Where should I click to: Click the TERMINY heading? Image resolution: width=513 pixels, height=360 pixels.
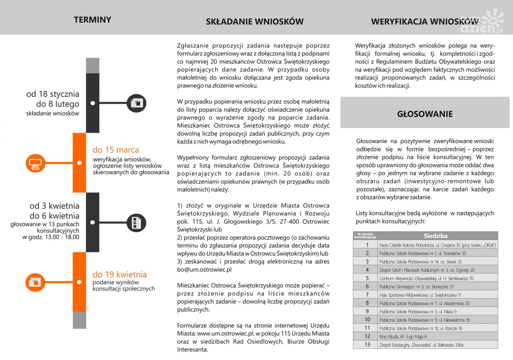[x=92, y=20]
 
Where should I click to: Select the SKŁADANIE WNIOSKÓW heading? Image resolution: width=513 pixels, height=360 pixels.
[x=254, y=22]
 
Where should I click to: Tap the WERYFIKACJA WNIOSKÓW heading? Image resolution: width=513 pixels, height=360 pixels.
[x=419, y=22]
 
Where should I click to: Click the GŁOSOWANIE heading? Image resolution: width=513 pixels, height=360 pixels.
[x=425, y=114]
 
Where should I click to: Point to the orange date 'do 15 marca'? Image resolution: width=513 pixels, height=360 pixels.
[x=116, y=150]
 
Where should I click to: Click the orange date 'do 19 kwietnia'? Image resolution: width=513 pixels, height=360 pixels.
[x=120, y=274]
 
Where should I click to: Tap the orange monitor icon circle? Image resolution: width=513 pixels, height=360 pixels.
[x=35, y=163]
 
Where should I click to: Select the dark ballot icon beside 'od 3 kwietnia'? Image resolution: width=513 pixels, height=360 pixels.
[x=136, y=223]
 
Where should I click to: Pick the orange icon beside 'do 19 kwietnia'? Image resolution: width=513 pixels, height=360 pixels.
[x=35, y=282]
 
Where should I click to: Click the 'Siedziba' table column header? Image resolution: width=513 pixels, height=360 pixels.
[x=435, y=236]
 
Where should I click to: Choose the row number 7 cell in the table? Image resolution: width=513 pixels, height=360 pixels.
[x=367, y=295]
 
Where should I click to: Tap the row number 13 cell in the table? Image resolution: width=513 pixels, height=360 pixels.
[x=367, y=345]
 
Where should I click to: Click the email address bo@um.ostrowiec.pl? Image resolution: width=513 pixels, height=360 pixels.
[x=204, y=269]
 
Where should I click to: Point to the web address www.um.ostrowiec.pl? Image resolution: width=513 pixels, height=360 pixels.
[x=223, y=334]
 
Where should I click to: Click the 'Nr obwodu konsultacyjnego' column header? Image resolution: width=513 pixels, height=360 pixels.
[x=365, y=236]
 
